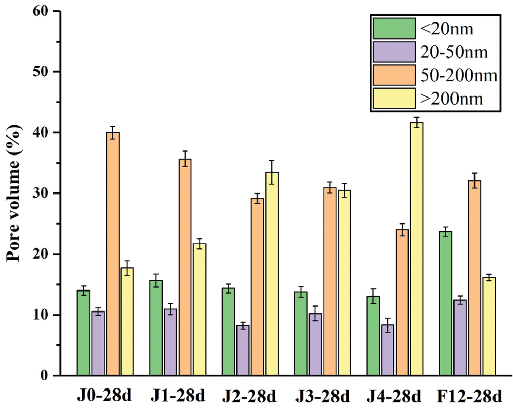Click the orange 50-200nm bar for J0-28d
tap(112, 254)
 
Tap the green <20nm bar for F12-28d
tap(446, 303)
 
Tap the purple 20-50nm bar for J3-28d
tap(315, 344)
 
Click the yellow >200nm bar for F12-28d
tap(489, 326)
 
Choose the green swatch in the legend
tap(393, 29)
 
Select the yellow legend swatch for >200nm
tap(393, 99)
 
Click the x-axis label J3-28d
tap(323, 397)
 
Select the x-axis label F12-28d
tap(469, 397)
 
